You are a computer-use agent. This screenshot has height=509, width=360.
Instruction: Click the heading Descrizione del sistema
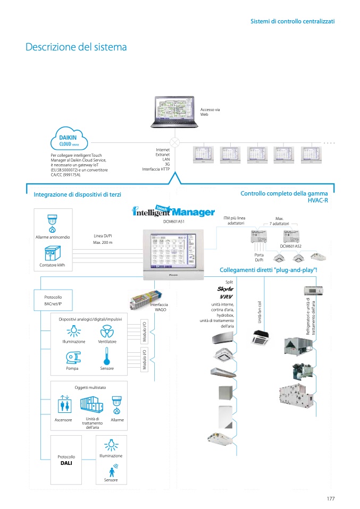76,47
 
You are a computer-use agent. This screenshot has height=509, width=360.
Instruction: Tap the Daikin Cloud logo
69,140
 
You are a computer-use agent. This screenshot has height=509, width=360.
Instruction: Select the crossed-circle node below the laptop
173,142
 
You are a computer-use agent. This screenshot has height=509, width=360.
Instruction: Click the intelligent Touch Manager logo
173,211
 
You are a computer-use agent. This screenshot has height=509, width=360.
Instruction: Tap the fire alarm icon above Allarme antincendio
53,223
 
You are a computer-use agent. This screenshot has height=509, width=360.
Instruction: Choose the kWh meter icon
53,253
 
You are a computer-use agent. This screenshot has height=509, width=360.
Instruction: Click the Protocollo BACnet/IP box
53,300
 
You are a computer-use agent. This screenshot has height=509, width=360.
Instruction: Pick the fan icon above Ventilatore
106,332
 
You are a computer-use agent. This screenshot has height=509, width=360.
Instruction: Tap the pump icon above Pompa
73,357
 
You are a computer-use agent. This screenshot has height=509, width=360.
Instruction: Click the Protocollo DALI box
66,460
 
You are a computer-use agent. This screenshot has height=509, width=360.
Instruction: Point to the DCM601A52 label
290,247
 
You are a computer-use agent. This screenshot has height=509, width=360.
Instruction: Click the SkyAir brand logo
226,289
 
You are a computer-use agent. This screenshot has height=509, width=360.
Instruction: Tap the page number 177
330,498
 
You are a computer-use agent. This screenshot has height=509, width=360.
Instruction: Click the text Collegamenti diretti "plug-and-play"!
268,270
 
